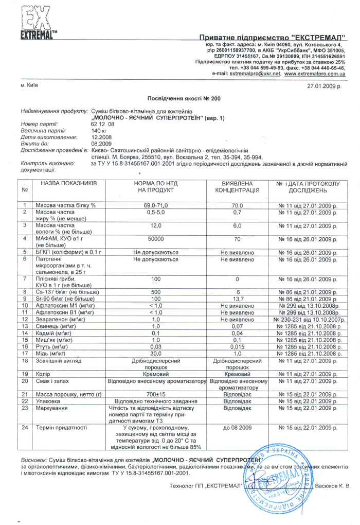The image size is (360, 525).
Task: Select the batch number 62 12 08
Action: tap(102, 125)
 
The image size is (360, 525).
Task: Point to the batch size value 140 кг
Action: tap(99, 131)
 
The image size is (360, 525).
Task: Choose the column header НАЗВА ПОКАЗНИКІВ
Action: tap(68, 183)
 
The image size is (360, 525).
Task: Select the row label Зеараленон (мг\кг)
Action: tap(60, 319)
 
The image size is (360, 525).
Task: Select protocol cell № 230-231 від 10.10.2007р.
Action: tap(312, 319)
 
